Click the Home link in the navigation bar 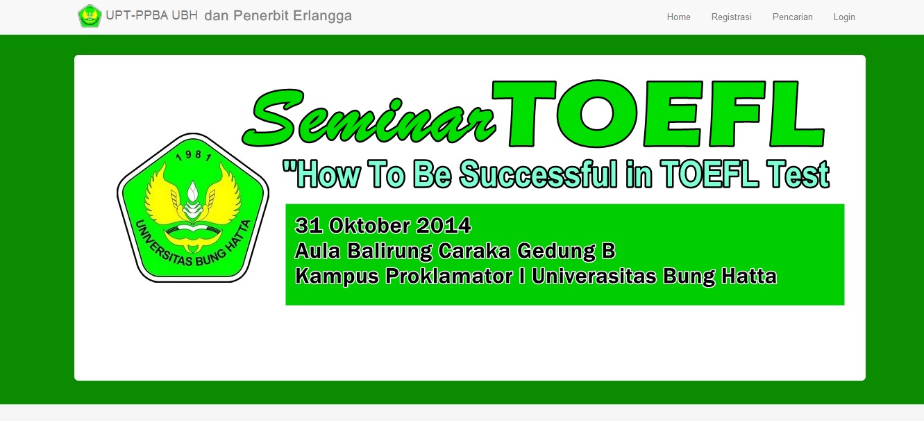(678, 17)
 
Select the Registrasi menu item (731, 17)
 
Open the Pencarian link (792, 17)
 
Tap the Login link (844, 17)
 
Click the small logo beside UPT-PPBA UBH (90, 16)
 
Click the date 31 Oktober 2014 (383, 226)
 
